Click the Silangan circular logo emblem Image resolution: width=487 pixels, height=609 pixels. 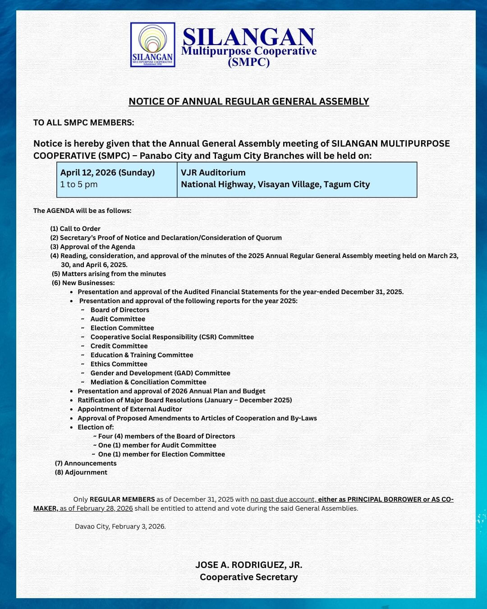click(x=152, y=45)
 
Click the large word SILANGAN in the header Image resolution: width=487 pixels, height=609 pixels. click(x=248, y=37)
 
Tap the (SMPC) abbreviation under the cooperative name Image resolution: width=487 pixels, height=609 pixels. click(x=248, y=62)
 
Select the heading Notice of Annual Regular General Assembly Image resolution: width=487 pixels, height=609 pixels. click(x=248, y=101)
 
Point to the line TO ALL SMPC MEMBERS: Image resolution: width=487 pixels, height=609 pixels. click(x=83, y=123)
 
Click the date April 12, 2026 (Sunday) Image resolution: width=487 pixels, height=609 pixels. click(x=107, y=173)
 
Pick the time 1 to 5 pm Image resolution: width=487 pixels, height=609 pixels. click(x=79, y=185)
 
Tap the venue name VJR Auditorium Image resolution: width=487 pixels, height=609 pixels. click(x=213, y=173)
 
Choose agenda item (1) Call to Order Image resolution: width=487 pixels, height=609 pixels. click(x=75, y=229)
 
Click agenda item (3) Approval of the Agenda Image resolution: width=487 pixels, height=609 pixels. click(x=92, y=247)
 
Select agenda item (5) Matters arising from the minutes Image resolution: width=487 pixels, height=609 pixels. click(x=109, y=274)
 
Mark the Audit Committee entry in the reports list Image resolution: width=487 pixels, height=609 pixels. click(x=118, y=319)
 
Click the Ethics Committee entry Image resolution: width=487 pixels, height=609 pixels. click(x=119, y=364)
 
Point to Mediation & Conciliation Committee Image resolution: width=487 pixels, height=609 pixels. click(x=148, y=382)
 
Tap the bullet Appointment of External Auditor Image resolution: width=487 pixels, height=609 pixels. click(x=130, y=409)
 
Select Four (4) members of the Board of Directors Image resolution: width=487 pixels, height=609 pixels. click(x=166, y=436)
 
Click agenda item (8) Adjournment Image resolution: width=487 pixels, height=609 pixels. click(x=81, y=472)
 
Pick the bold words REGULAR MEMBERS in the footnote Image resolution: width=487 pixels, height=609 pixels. click(x=122, y=499)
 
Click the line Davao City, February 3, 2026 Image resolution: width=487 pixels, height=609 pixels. click(x=120, y=526)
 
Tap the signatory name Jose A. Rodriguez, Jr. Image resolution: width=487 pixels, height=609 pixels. click(x=248, y=565)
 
